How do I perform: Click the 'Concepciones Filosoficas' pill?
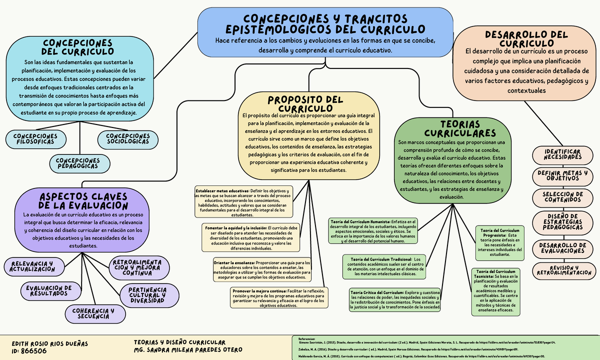click(x=35, y=139)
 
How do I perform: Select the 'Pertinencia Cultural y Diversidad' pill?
click(x=147, y=295)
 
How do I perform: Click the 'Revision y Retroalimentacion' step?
click(x=563, y=270)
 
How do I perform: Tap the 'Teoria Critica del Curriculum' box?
click(x=394, y=300)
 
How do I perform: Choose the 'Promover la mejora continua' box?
click(x=280, y=298)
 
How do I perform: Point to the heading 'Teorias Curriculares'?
click(x=453, y=129)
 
